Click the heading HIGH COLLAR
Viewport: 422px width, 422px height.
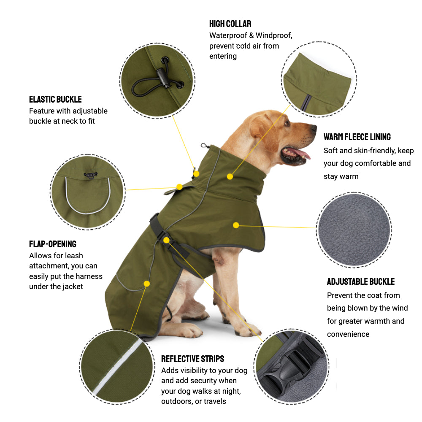(x=230, y=24)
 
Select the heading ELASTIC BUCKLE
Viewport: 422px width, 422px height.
(x=55, y=100)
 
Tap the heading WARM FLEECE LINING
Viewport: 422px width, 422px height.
(x=357, y=137)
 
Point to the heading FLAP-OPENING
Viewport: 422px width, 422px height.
(x=53, y=244)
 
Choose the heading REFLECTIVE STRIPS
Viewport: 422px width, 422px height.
(x=192, y=359)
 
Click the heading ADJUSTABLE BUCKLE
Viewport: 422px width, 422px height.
(x=360, y=281)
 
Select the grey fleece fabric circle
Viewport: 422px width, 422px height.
(x=353, y=230)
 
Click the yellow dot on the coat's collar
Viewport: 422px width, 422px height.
(x=230, y=176)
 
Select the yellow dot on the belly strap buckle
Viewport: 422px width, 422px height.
(x=166, y=240)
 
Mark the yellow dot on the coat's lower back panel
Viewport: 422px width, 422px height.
(x=147, y=284)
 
